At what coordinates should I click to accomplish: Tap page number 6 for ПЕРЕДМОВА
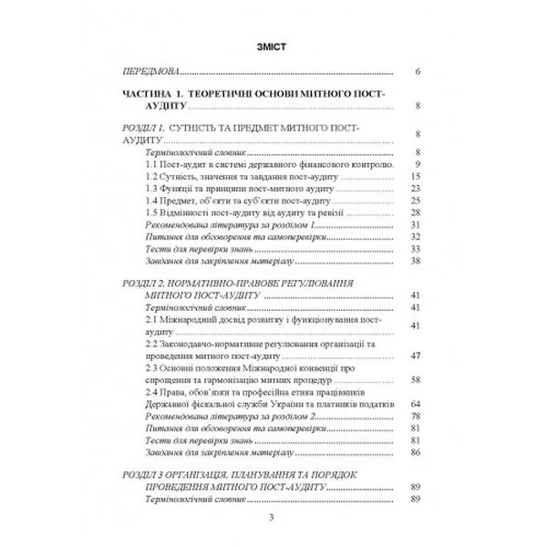coord(416,70)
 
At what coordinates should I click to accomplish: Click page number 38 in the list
coord(414,260)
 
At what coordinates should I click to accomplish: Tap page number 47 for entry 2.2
coord(414,356)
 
